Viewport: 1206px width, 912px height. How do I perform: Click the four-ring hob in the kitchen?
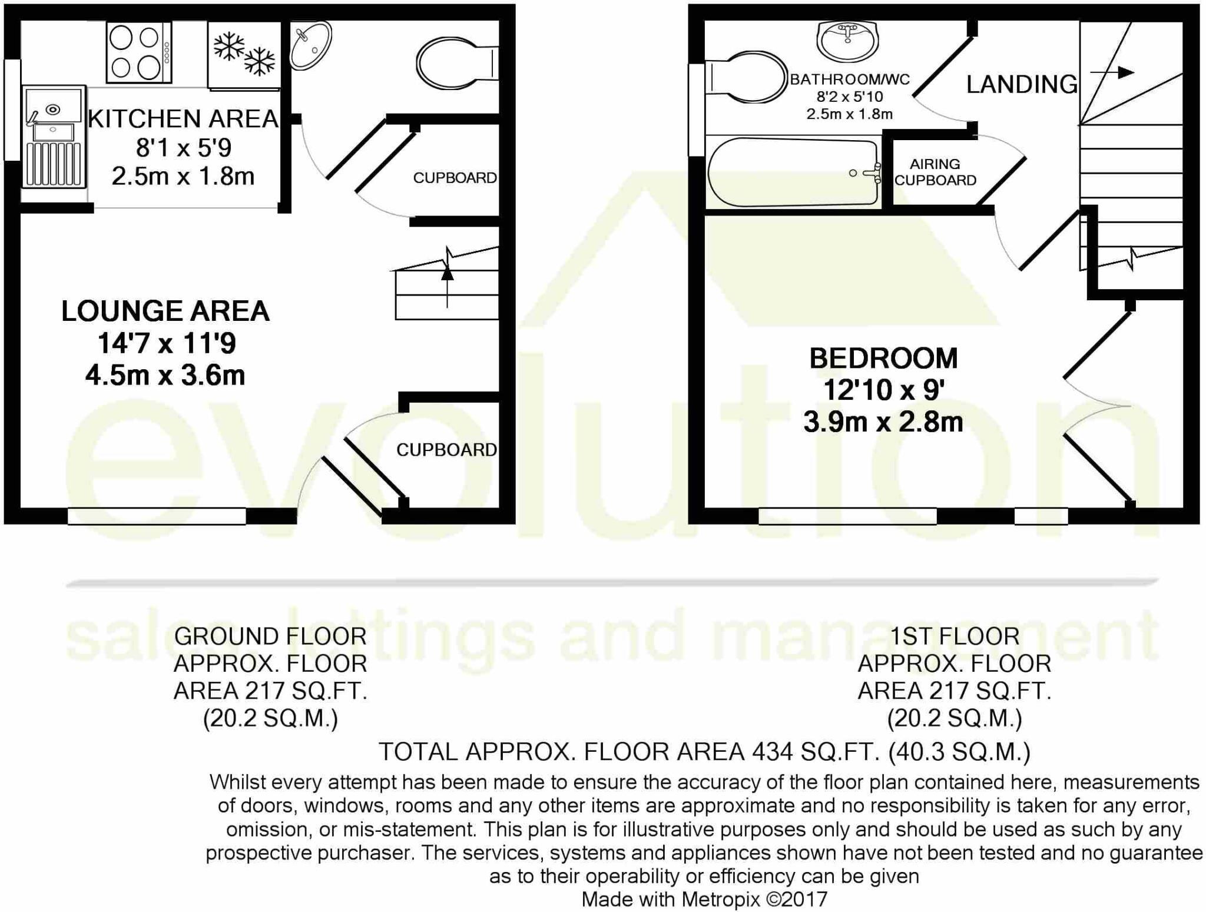pyautogui.click(x=139, y=53)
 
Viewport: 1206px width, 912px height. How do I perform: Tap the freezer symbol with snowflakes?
pyautogui.click(x=244, y=54)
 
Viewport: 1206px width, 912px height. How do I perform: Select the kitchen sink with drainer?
pyautogui.click(x=53, y=137)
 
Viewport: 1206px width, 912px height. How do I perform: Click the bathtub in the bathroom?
pyautogui.click(x=793, y=173)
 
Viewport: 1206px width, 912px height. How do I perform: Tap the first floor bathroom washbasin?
pyautogui.click(x=847, y=41)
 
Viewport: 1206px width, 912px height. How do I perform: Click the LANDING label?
pyautogui.click(x=1022, y=85)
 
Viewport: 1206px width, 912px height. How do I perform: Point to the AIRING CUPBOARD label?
pyautogui.click(x=935, y=173)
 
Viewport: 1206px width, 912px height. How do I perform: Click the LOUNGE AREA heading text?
pyautogui.click(x=165, y=311)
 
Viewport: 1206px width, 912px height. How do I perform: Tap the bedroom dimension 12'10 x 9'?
pyautogui.click(x=883, y=390)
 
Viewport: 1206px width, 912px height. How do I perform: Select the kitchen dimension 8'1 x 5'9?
pyautogui.click(x=183, y=148)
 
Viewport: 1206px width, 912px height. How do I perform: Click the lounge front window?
pyautogui.click(x=157, y=516)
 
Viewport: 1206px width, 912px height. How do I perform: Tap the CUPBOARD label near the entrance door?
pyautogui.click(x=446, y=450)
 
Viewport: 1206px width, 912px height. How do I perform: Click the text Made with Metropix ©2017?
pyautogui.click(x=704, y=900)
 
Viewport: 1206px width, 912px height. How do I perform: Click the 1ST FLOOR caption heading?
pyautogui.click(x=954, y=636)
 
